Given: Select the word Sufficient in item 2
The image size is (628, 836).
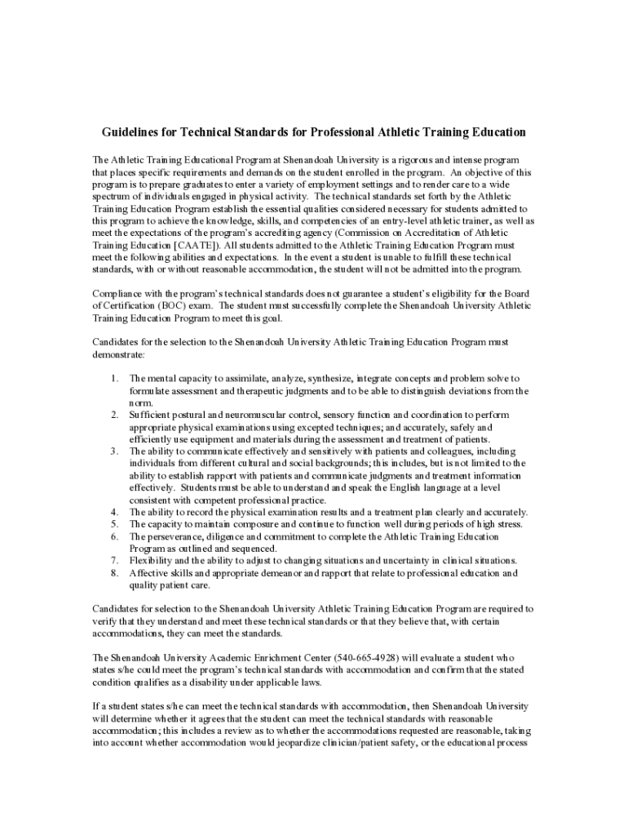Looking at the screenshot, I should [152, 415].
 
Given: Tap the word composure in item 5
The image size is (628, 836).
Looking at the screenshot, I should [250, 524].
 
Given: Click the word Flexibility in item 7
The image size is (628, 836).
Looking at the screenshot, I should [153, 561].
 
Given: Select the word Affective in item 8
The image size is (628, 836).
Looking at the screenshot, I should [150, 573].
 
